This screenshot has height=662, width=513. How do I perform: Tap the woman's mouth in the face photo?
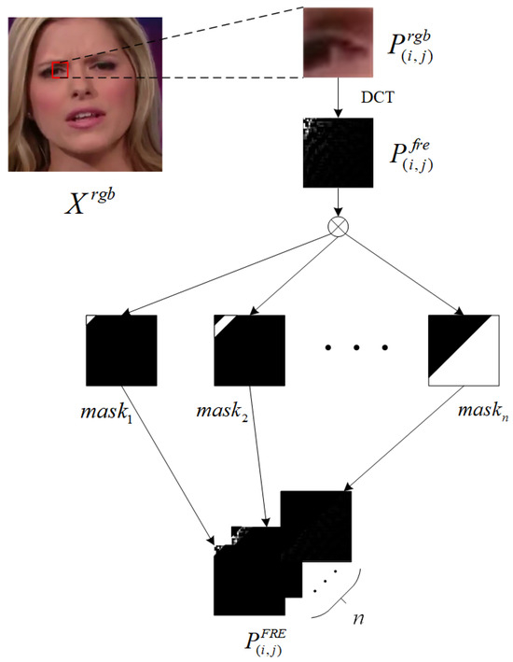click(85, 118)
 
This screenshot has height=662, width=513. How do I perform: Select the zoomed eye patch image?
click(338, 42)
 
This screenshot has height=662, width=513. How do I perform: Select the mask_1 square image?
click(121, 350)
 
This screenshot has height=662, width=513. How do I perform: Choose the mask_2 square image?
click(249, 350)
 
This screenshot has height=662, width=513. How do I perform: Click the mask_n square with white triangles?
click(464, 350)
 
